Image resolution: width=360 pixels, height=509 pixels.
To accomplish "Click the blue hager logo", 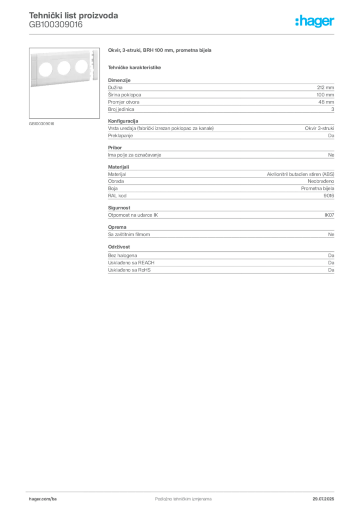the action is [x=315, y=22].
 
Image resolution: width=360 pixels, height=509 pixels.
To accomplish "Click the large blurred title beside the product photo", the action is [x=161, y=51].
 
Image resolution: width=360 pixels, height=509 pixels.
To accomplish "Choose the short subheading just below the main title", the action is [x=135, y=67].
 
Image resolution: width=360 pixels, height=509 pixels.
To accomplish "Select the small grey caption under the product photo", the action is [x=42, y=123].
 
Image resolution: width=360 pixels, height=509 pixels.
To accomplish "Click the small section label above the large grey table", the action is [x=119, y=78].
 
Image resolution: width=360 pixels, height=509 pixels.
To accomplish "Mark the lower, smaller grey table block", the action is [x=220, y=263].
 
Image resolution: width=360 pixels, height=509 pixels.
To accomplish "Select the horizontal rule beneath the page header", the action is [x=183, y=34].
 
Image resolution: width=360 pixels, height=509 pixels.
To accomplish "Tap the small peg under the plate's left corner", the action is [x=34, y=89].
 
